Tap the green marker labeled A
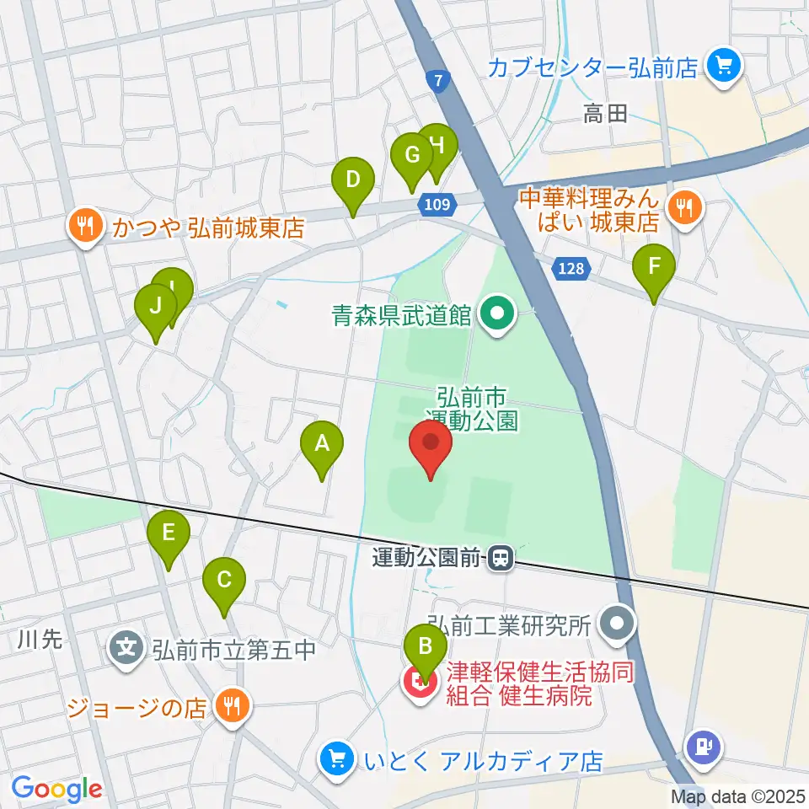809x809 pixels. [321, 446]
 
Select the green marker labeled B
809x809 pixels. [426, 650]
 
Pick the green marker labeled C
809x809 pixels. [224, 582]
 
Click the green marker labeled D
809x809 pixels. [352, 182]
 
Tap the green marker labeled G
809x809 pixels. [412, 158]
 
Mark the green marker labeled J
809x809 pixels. [155, 308]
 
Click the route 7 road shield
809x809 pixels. [437, 82]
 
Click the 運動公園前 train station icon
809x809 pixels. [501, 558]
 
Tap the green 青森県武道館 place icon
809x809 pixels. [496, 316]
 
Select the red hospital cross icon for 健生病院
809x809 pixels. [419, 684]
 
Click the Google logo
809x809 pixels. [57, 790]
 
